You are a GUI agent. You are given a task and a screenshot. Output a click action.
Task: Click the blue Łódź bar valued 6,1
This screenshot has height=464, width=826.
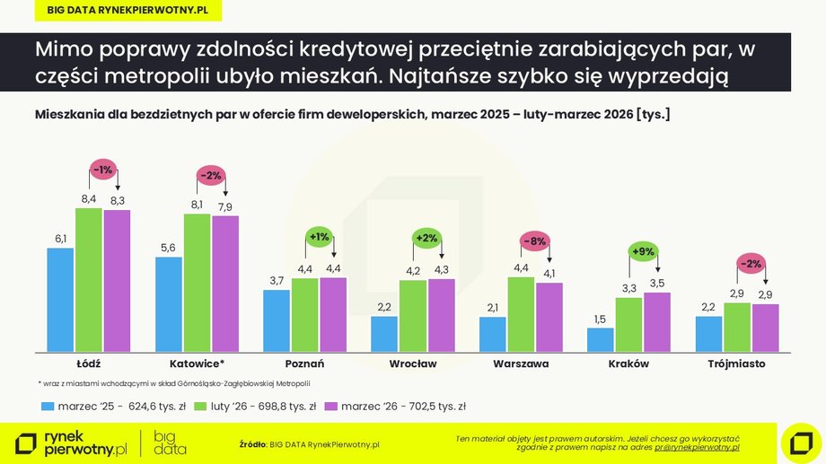coord(60,300)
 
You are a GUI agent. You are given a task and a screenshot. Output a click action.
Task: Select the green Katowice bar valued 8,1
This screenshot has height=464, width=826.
coord(197,283)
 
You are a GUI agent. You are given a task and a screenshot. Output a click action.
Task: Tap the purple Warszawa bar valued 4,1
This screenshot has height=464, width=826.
coord(549,318)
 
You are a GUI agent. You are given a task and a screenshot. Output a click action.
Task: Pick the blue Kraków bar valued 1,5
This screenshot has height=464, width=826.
coord(601,340)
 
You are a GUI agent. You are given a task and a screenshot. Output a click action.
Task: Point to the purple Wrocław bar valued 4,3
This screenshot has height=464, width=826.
coord(441,315)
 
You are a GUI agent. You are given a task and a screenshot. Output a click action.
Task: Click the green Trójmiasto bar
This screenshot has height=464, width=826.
coord(736,328)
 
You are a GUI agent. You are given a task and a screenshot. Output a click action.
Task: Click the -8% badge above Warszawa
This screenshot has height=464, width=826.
coord(535,241)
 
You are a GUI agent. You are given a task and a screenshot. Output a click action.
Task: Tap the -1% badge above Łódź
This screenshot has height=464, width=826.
coord(103,170)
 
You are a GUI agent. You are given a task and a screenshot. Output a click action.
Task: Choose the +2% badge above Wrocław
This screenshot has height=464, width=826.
coord(426,239)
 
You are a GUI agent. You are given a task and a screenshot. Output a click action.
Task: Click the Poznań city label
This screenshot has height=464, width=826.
coord(304,364)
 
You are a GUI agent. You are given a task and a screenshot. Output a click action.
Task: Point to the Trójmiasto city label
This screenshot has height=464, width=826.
coord(736,364)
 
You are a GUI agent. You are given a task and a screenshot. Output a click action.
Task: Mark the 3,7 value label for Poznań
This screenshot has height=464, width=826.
coord(277,281)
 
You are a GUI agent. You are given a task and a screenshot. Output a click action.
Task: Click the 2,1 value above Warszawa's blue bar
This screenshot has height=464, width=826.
coord(493,308)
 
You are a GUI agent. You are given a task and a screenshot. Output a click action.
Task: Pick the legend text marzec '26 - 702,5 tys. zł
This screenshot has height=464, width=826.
coord(403,407)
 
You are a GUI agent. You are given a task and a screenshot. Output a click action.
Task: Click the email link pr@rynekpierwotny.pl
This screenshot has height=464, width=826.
coord(697,446)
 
